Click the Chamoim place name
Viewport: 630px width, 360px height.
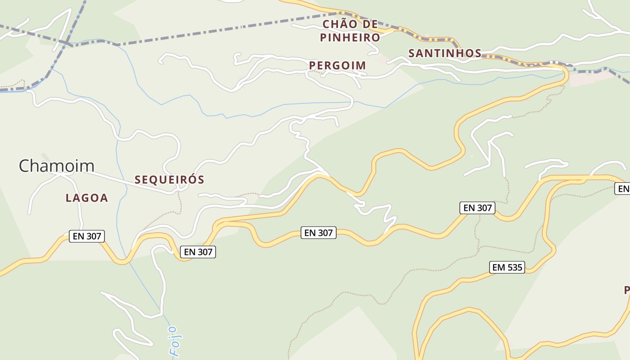(x=56, y=166)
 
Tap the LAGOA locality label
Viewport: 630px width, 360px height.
(x=87, y=198)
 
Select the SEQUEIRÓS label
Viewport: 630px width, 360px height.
(x=170, y=180)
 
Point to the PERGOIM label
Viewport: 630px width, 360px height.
(x=337, y=66)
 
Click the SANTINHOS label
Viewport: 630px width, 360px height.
(x=445, y=53)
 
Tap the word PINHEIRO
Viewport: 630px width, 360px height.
(x=350, y=38)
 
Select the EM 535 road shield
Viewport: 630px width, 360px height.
(x=507, y=267)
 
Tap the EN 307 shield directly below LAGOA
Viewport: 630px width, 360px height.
(x=87, y=236)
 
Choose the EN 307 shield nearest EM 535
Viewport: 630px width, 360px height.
(x=477, y=208)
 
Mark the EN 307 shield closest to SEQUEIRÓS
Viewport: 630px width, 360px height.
(x=198, y=252)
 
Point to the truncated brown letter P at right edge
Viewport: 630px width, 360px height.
(x=627, y=290)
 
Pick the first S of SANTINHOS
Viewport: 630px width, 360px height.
(x=412, y=53)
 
